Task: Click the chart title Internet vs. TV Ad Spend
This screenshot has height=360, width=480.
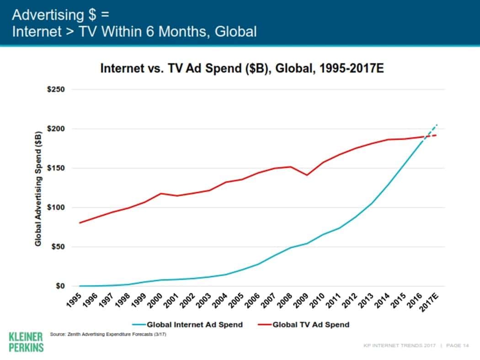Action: click(242, 70)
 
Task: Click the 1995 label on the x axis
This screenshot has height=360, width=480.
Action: click(74, 302)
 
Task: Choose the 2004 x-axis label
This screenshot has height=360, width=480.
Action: click(220, 302)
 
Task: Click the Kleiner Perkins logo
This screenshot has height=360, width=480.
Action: click(26, 341)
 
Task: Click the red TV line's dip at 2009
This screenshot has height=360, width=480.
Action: click(307, 175)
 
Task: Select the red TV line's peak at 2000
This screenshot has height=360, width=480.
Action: click(161, 193)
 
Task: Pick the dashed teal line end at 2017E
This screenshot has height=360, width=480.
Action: click(437, 124)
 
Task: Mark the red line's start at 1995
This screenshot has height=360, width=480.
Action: click(80, 222)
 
